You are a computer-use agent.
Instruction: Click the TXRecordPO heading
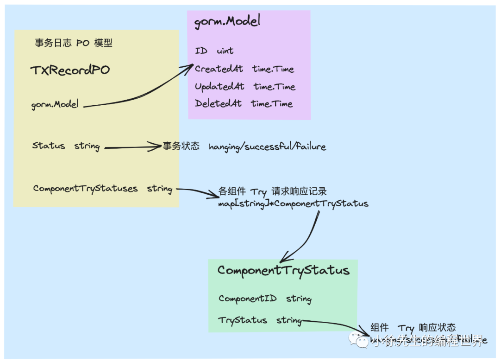[x=70, y=70]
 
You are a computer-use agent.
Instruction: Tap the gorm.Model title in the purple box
[x=227, y=21]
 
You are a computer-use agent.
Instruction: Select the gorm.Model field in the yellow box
[x=55, y=104]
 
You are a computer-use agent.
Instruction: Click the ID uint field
[x=214, y=51]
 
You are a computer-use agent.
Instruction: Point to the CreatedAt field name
[x=219, y=69]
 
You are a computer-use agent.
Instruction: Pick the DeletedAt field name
[x=218, y=103]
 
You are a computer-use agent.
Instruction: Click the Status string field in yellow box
[x=66, y=146]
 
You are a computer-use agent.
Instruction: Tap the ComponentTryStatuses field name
[x=85, y=189]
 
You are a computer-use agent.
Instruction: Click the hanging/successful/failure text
[x=267, y=147]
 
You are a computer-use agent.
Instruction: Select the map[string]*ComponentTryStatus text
[x=293, y=204]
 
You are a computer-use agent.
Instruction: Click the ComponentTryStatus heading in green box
[x=283, y=270]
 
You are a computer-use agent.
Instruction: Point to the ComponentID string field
[x=265, y=299]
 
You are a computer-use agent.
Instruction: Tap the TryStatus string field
[x=260, y=320]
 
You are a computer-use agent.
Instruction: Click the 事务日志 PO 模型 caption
[x=74, y=43]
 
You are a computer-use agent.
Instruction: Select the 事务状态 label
[x=181, y=146]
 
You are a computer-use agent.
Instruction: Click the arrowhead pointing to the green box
[x=284, y=258]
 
